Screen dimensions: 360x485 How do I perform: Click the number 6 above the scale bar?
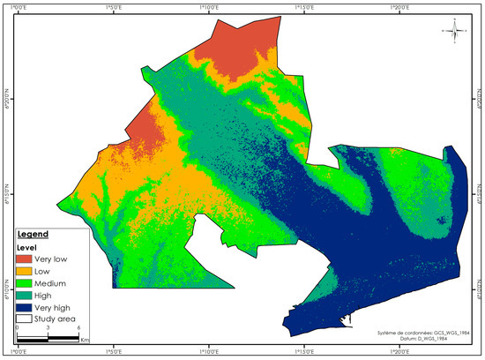pyautogui.click(x=76, y=327)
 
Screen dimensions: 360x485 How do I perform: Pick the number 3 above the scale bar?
pyautogui.click(x=47, y=327)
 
